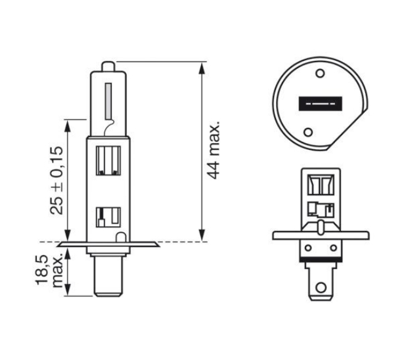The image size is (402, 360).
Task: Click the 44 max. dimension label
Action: [213, 150]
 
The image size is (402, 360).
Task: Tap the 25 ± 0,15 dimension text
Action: [57, 181]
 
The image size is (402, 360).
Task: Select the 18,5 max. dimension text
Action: [49, 270]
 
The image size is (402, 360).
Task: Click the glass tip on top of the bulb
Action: [108, 66]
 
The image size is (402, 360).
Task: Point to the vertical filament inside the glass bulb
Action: [108, 101]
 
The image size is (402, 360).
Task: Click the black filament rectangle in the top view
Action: [320, 104]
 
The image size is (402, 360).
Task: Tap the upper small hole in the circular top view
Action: [320, 73]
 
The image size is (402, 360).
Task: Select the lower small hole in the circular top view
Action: [308, 132]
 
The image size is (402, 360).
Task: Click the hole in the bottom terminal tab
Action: [321, 288]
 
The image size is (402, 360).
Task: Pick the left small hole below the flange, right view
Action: [308, 248]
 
